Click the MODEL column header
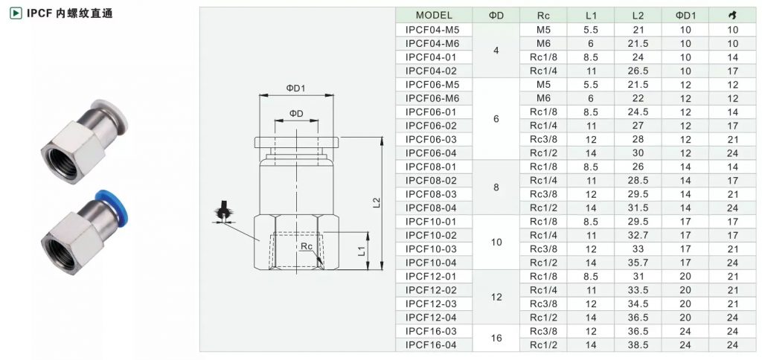coord(434,15)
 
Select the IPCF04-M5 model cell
coord(432,29)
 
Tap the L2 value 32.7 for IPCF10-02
coord(638,235)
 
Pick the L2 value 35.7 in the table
coord(638,263)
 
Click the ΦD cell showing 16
coord(496,338)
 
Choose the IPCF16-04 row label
coord(432,345)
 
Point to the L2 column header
coord(638,15)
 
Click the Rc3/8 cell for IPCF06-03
coord(543,139)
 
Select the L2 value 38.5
coord(638,345)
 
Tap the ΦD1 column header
coord(685,15)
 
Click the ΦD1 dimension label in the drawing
coord(295,88)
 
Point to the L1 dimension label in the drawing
coord(361,251)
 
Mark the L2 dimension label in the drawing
coord(376,202)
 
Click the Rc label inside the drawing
coord(306,246)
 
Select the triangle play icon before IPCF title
coord(16,13)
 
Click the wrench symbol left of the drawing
coord(223,212)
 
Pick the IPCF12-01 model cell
coord(432,277)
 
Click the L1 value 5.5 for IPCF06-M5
coord(591,85)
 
